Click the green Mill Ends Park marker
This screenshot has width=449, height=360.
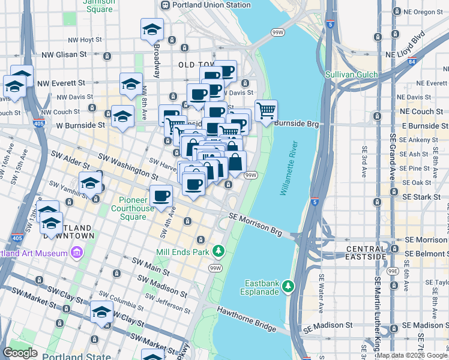point(220,250)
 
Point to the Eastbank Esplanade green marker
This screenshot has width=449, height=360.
point(289,285)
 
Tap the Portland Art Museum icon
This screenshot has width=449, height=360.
point(76,253)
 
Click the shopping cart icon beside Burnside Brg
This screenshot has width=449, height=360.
point(265,110)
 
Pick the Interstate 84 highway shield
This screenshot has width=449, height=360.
point(411,61)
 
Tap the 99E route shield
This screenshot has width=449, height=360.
point(393,271)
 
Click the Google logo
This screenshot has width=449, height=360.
point(20,353)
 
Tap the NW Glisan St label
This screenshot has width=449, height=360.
point(65,55)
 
